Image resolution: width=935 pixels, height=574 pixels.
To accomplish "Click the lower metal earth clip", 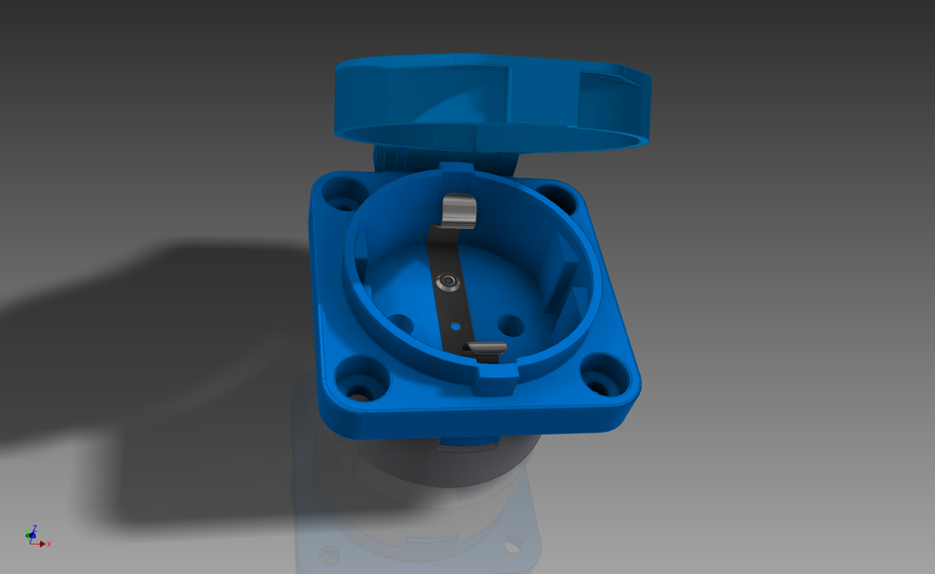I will coord(485,349).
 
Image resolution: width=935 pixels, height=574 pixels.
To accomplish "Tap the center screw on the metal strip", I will coord(448,283).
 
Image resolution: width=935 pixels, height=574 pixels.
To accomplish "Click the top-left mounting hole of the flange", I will coord(342,193).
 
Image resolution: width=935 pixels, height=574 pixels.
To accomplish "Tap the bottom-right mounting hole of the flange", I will coord(602,375).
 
